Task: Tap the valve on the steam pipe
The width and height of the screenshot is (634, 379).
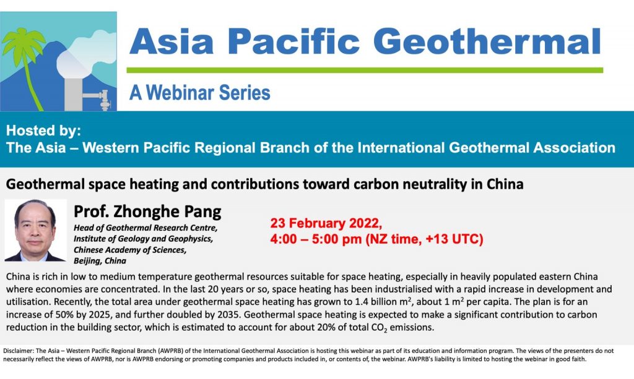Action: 104,100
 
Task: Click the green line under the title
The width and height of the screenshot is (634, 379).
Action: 365,70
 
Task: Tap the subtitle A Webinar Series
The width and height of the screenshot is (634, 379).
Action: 200,92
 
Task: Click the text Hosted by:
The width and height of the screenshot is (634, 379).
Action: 44,130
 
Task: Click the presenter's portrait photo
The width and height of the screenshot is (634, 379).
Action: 35,231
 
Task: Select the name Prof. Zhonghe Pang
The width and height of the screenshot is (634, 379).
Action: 147,211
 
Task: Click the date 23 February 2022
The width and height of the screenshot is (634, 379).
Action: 326,223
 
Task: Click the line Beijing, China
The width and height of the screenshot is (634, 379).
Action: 100,261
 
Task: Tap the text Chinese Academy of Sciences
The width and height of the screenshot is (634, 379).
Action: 130,250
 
